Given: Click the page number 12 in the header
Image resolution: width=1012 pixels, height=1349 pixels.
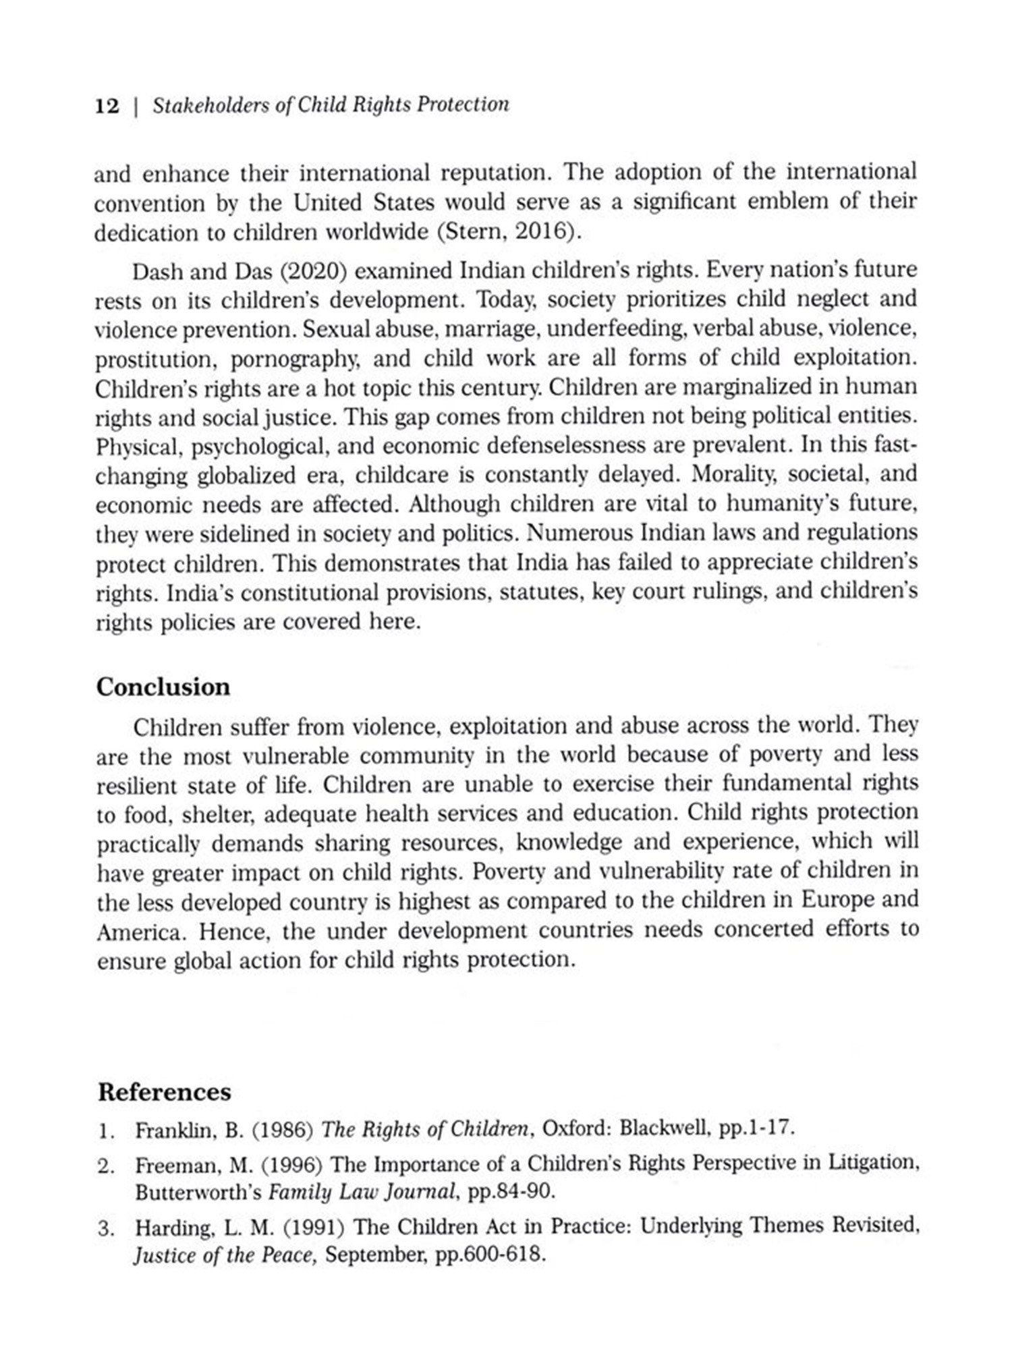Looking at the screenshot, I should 107,107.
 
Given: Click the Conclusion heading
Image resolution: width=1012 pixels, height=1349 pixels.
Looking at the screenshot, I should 163,687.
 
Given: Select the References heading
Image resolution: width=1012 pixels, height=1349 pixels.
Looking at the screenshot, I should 165,1092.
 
